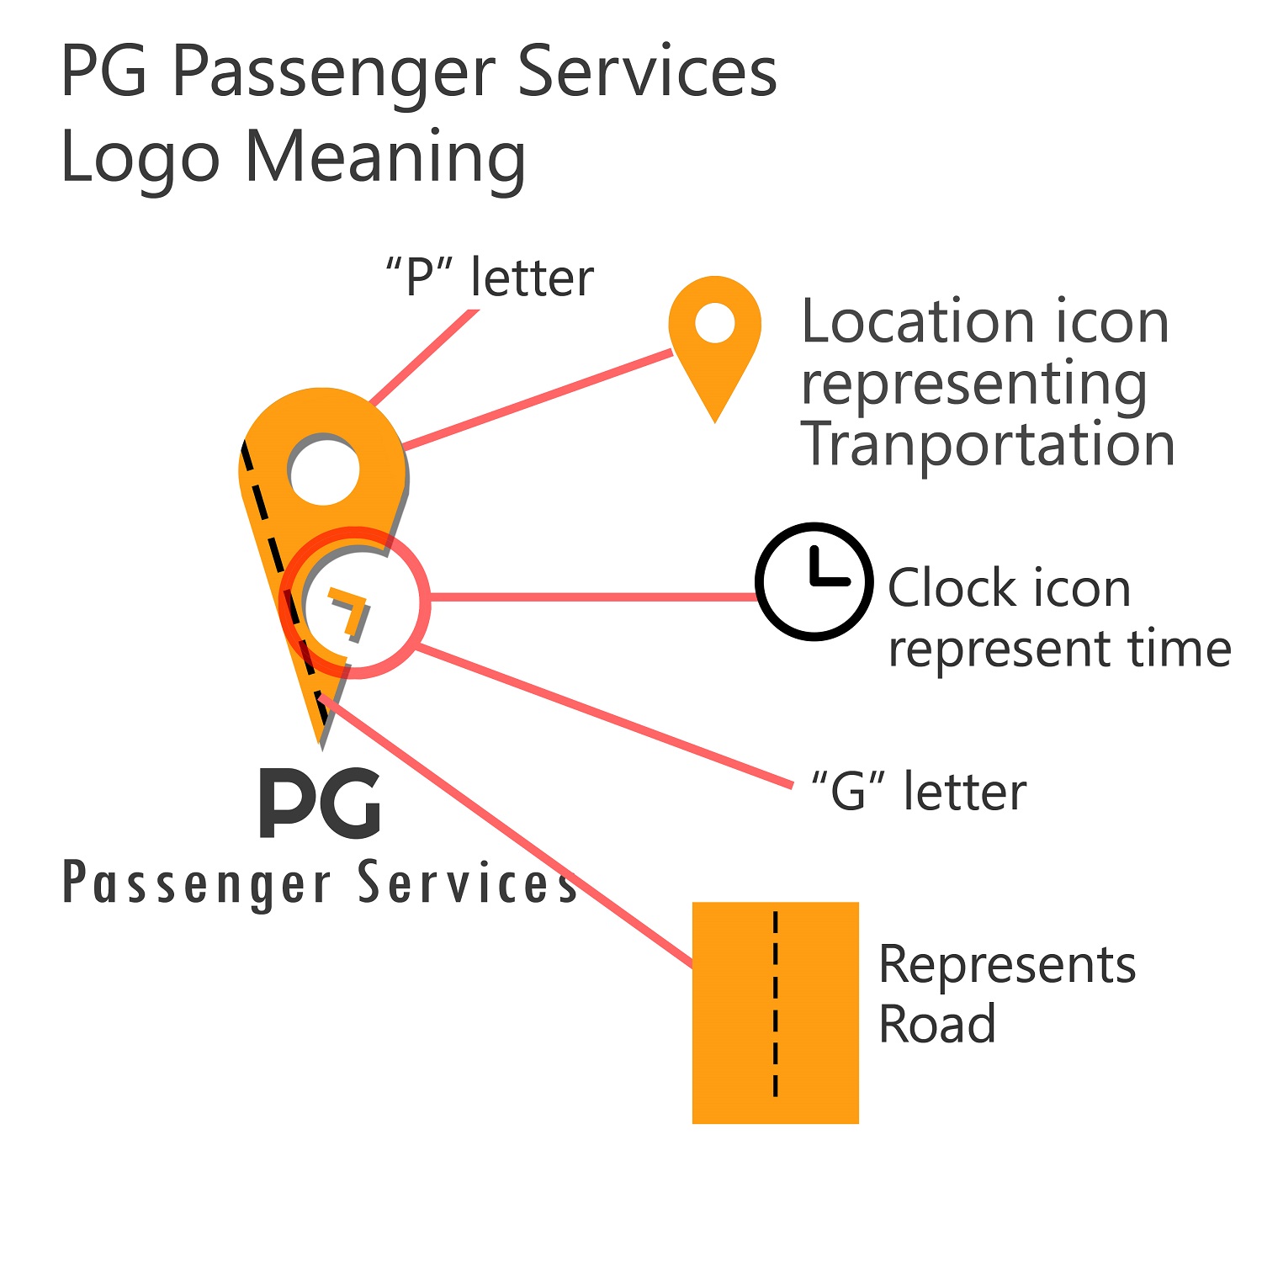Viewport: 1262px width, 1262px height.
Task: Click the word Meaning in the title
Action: pyautogui.click(x=385, y=157)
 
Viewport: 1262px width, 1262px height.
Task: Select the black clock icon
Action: pyautogui.click(x=813, y=581)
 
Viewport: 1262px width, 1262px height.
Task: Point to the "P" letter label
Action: pyautogui.click(x=490, y=278)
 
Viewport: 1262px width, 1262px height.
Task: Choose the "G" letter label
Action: pyautogui.click(x=918, y=792)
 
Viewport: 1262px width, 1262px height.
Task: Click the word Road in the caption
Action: pyautogui.click(x=936, y=1024)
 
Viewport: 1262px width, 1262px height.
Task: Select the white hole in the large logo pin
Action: pyautogui.click(x=324, y=469)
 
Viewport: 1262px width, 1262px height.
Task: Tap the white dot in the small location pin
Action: pyautogui.click(x=715, y=325)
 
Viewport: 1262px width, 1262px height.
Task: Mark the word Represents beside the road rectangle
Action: pyautogui.click(x=1007, y=964)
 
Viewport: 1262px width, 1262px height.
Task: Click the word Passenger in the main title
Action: pyautogui.click(x=333, y=72)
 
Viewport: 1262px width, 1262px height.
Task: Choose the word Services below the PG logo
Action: pyautogui.click(x=468, y=883)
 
